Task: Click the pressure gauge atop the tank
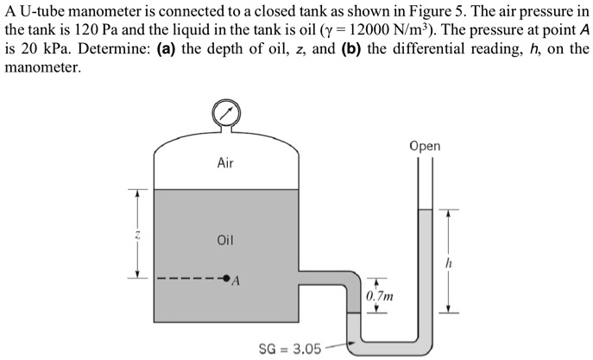pos(225,113)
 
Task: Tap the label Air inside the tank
pos(225,162)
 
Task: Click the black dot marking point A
pos(226,279)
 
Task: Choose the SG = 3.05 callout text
pos(290,349)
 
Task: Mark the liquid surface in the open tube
pos(424,210)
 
